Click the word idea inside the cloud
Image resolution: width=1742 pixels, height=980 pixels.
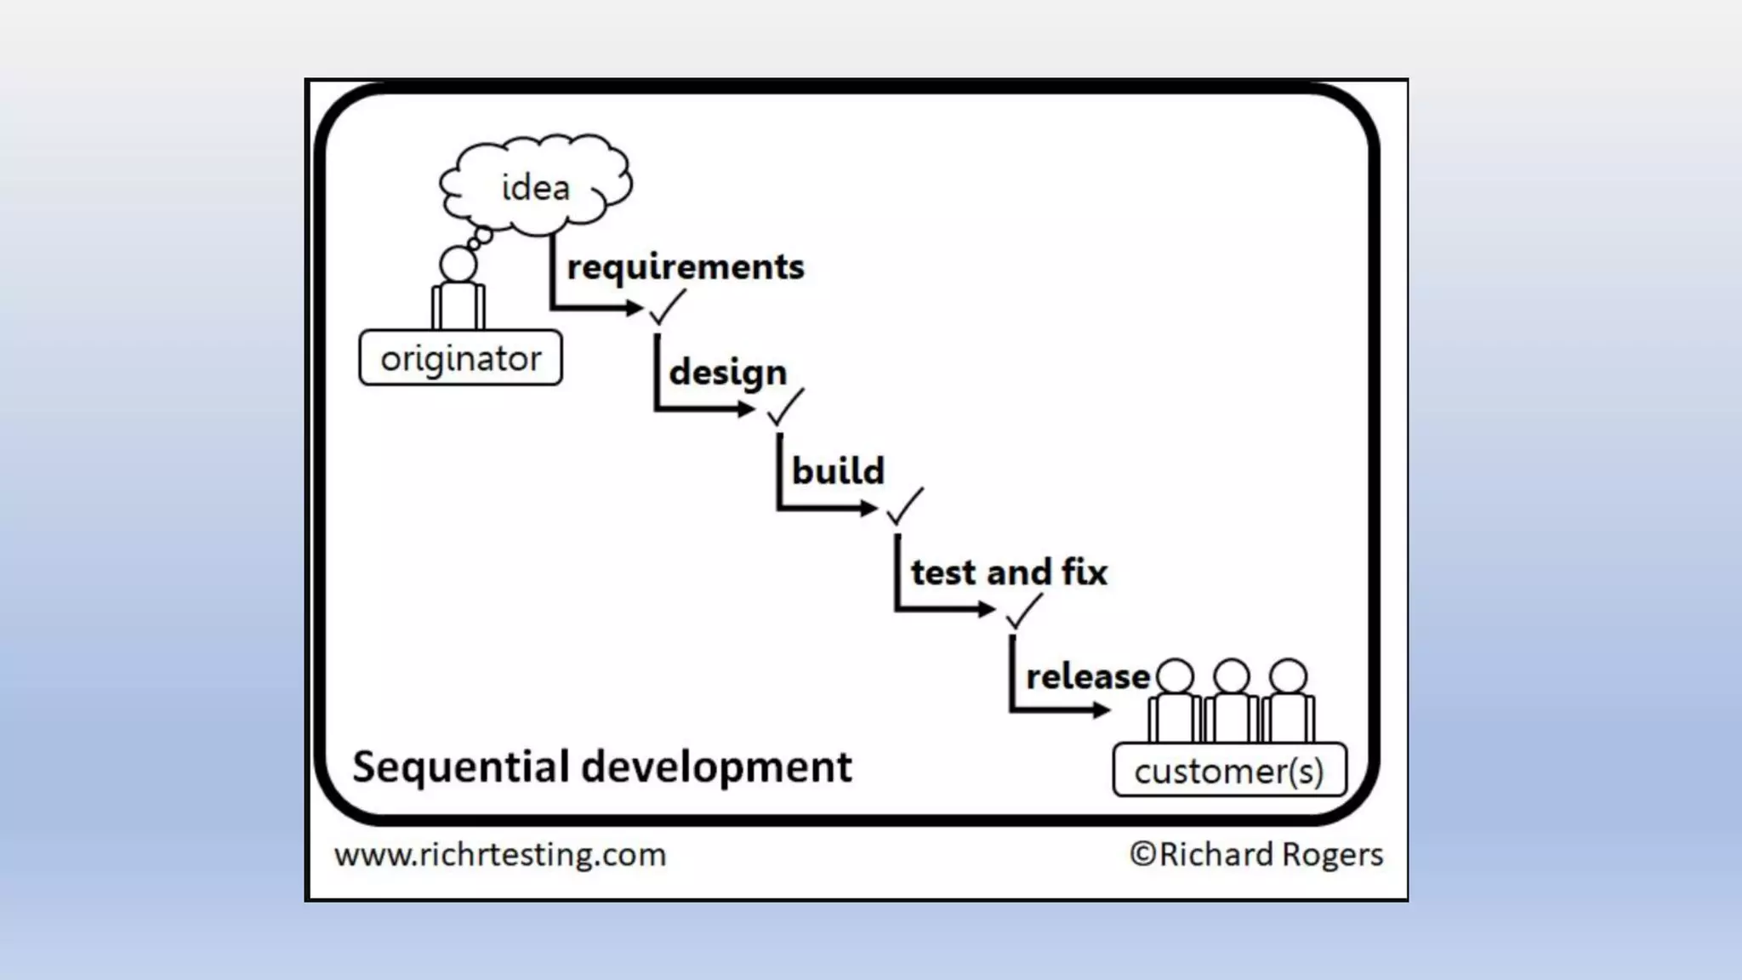[x=535, y=188]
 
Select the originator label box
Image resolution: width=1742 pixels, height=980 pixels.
[x=460, y=358]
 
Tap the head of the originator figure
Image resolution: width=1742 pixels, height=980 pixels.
[x=458, y=265]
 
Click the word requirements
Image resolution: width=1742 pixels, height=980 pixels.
[x=685, y=267]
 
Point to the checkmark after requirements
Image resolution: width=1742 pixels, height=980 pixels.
[x=666, y=307]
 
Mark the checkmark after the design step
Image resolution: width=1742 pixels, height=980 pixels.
[x=784, y=407]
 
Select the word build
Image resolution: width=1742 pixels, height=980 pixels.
[x=838, y=471]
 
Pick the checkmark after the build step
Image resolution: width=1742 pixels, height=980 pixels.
[x=903, y=507]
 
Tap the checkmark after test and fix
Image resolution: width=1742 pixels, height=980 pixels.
[x=1022, y=611]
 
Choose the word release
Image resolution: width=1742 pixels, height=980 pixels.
[x=1087, y=677]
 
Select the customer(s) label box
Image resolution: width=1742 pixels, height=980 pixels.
[x=1229, y=771]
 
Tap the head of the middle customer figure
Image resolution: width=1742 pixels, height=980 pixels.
[x=1232, y=676]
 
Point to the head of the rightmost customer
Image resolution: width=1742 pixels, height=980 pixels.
[x=1288, y=676]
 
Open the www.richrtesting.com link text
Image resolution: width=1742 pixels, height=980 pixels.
[x=500, y=855]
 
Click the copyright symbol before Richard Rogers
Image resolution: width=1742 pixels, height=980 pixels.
[x=1141, y=854]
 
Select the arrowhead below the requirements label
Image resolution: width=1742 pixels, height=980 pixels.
[x=635, y=308]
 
